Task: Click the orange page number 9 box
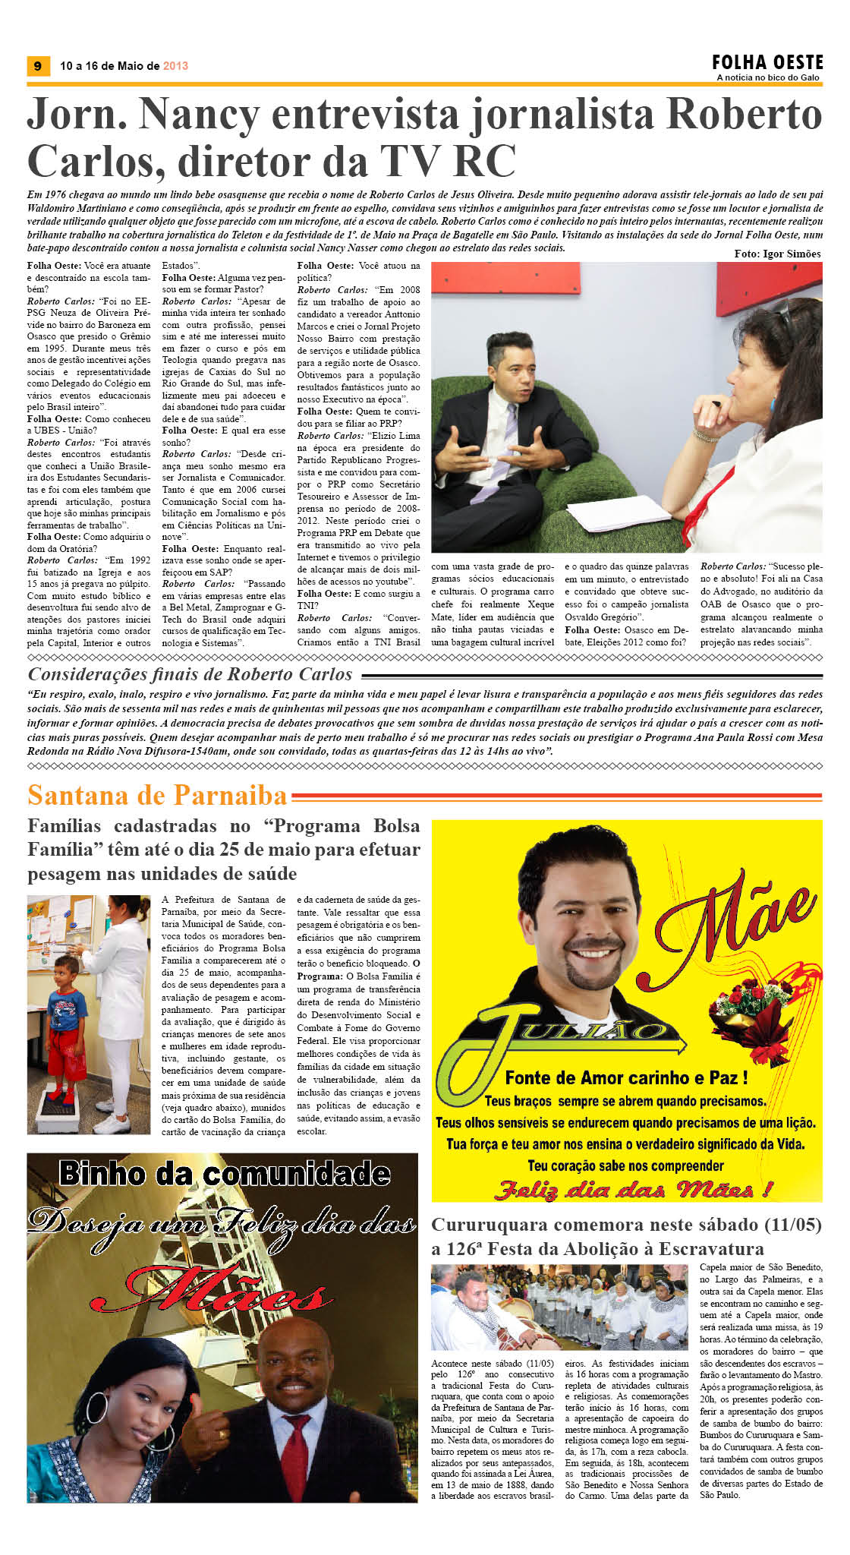point(38,66)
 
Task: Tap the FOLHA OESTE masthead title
point(767,62)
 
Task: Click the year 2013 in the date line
point(175,66)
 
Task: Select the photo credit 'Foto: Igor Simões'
point(777,254)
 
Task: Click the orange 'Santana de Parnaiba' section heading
point(157,795)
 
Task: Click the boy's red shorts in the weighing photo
point(68,1045)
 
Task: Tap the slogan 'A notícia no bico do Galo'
point(767,77)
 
